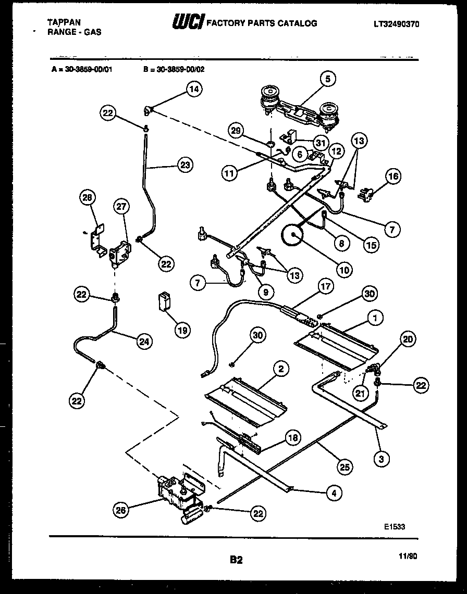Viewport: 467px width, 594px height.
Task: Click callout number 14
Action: click(194, 89)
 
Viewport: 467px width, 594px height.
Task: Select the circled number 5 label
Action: click(327, 79)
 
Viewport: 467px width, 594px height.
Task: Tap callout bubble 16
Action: click(393, 176)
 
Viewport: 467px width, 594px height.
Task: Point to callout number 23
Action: click(184, 166)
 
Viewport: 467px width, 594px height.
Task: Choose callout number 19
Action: click(182, 330)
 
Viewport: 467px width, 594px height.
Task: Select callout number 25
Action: click(344, 466)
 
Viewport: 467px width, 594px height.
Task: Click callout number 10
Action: click(345, 270)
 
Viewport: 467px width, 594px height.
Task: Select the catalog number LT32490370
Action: click(397, 24)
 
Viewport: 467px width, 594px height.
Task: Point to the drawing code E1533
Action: click(394, 526)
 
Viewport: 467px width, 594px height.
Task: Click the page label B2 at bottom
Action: click(236, 560)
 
